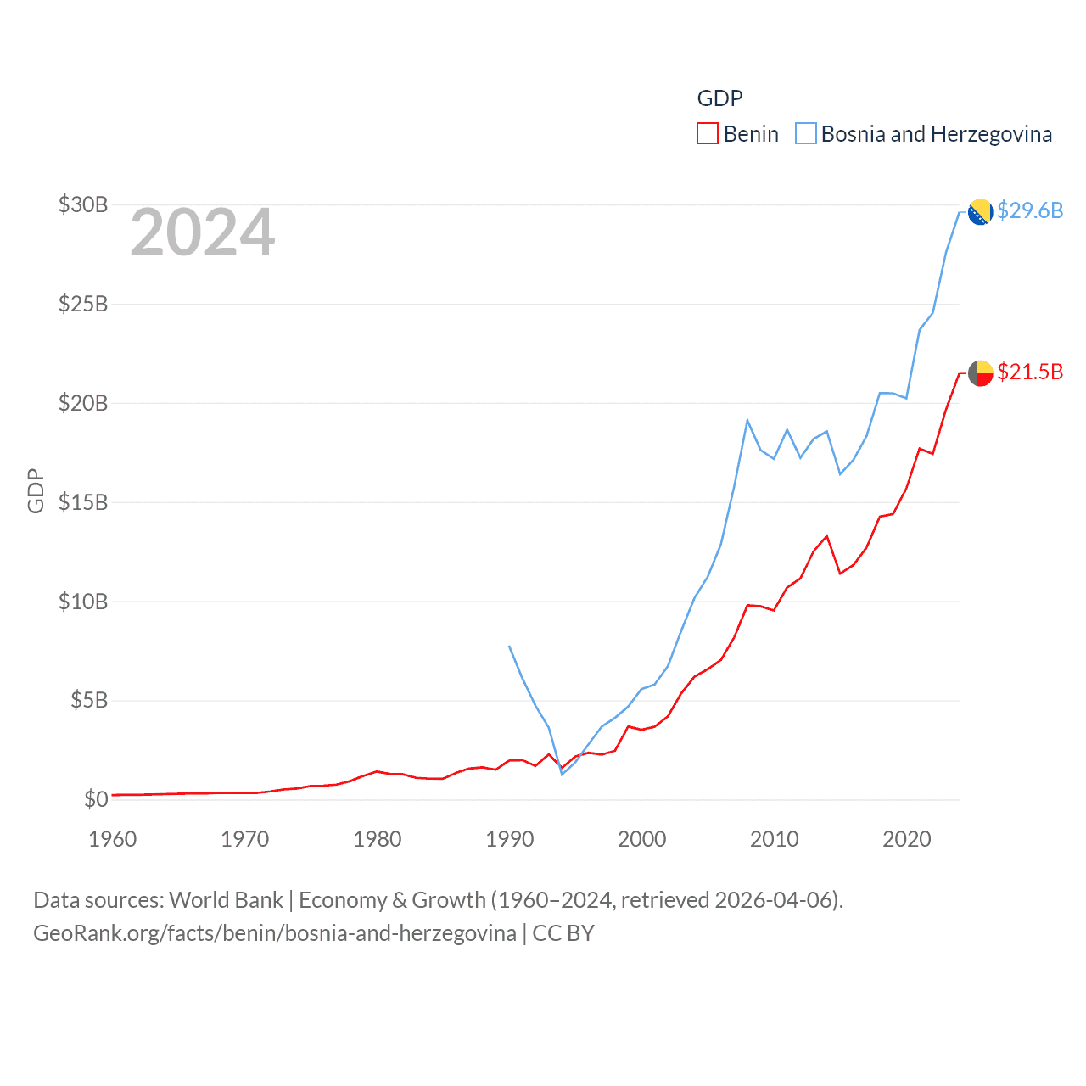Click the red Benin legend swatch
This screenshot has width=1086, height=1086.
[708, 134]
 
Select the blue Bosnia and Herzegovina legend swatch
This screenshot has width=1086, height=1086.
[806, 134]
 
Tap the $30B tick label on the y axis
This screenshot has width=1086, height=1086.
[83, 204]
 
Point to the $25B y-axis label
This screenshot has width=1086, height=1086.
[83, 304]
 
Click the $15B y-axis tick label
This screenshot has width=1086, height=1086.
[83, 502]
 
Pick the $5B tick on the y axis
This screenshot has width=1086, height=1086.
[89, 700]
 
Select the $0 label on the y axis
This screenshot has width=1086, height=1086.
[96, 799]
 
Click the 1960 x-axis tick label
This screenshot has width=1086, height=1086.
[113, 839]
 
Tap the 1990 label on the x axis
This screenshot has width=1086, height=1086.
[510, 839]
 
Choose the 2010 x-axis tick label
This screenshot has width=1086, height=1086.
[775, 839]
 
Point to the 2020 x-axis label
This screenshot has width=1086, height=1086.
[907, 839]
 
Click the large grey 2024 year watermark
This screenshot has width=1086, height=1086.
[203, 232]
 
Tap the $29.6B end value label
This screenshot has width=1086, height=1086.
[1030, 210]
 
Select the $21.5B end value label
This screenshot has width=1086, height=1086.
[1030, 372]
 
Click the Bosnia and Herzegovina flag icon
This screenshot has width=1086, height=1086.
[981, 212]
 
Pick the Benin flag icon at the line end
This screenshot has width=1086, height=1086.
[981, 373]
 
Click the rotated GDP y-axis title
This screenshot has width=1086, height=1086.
[36, 490]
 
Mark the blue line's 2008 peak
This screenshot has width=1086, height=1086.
[747, 420]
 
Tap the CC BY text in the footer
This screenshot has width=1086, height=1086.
[563, 933]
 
